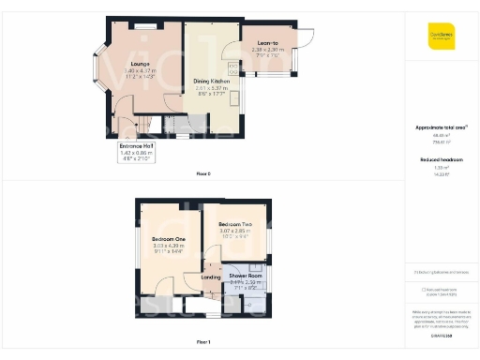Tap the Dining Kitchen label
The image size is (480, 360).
click(212, 82)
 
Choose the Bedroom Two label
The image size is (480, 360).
click(234, 225)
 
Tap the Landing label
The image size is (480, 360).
click(210, 277)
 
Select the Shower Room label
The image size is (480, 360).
click(241, 276)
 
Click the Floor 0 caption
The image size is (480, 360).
click(202, 174)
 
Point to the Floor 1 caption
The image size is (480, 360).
click(202, 340)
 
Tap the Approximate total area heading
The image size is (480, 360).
click(441, 127)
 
